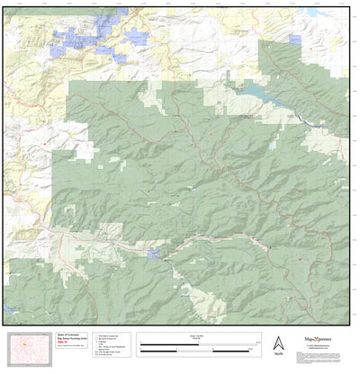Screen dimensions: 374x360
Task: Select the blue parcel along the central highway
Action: tap(154, 254)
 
